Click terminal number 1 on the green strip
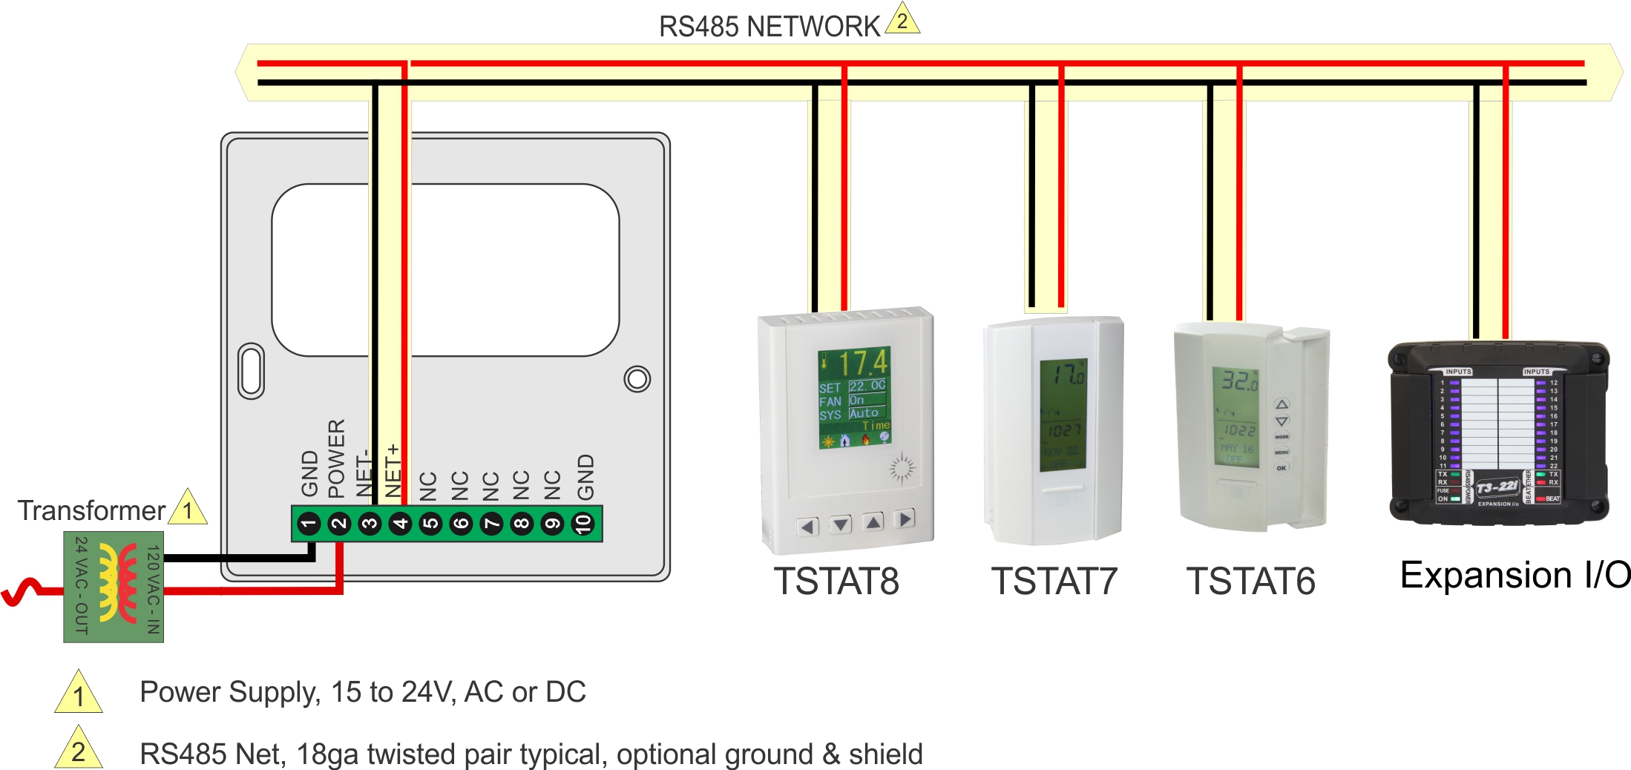pos(309,524)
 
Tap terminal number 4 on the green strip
pos(400,524)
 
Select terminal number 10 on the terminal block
pos(583,524)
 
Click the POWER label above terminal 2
pos(336,458)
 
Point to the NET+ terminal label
pos(393,470)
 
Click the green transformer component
pos(114,586)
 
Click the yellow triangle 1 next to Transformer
pos(188,510)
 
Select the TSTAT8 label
pos(836,581)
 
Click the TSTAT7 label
pos(1054,581)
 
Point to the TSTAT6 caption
pos(1250,581)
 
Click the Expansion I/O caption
pos(1514,575)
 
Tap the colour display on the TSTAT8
pos(853,398)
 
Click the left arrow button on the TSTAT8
pos(807,527)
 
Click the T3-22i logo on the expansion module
pos(1497,487)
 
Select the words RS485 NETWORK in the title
pos(769,27)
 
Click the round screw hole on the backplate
pos(637,379)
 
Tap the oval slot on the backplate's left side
pos(251,371)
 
